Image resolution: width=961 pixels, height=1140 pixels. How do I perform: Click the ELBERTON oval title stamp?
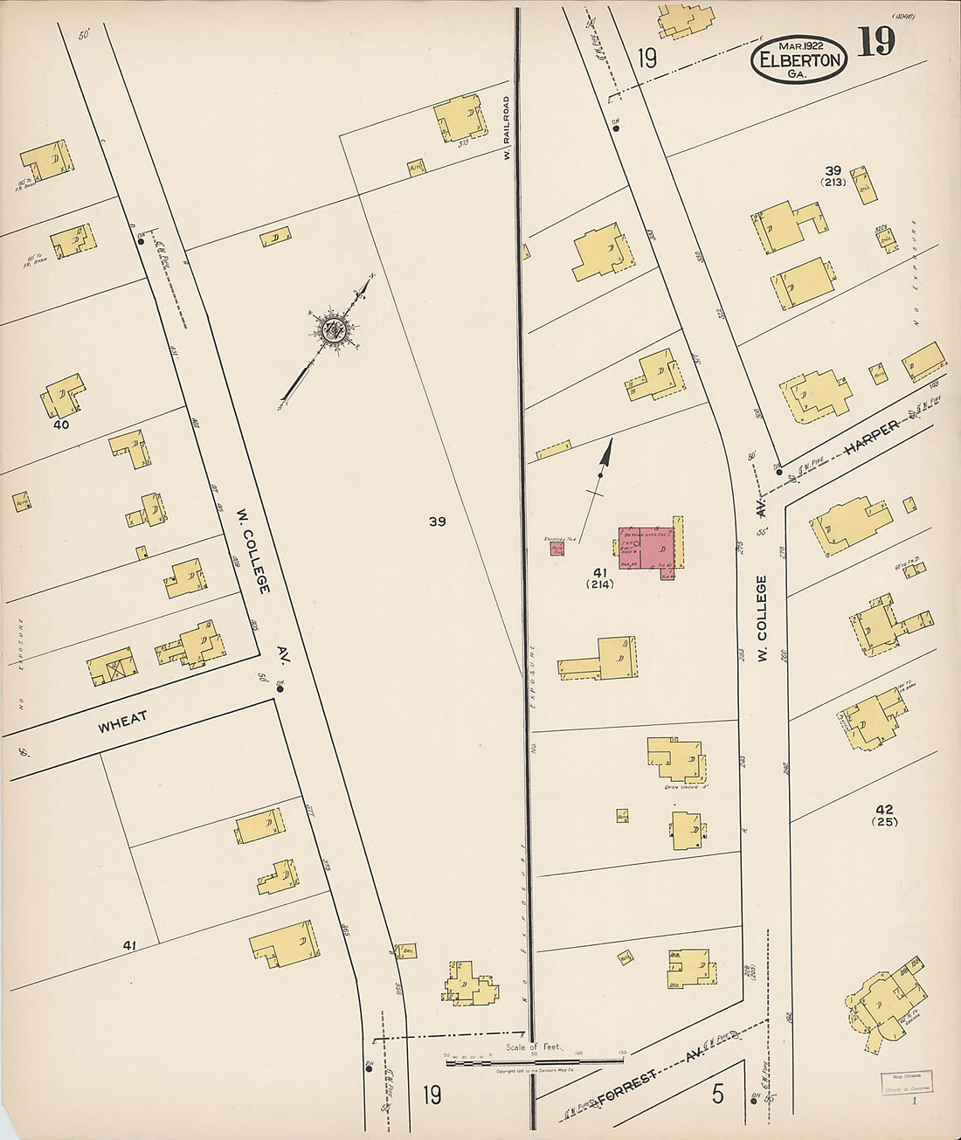pyautogui.click(x=798, y=60)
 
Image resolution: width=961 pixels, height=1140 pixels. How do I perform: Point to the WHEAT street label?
pyautogui.click(x=122, y=722)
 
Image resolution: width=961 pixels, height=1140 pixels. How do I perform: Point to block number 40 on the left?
pyautogui.click(x=60, y=425)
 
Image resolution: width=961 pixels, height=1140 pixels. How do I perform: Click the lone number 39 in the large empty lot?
pyautogui.click(x=437, y=522)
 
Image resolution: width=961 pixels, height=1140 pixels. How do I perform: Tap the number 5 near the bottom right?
pyautogui.click(x=717, y=1094)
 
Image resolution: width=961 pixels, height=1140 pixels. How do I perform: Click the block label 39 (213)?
pyautogui.click(x=832, y=175)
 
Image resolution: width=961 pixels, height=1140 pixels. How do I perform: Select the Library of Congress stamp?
pyautogui.click(x=904, y=1082)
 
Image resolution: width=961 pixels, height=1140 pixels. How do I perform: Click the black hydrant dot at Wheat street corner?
pyautogui.click(x=280, y=688)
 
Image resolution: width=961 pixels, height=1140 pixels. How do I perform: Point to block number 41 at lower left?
pyautogui.click(x=130, y=945)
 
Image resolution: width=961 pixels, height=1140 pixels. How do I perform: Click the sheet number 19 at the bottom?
pyautogui.click(x=431, y=1094)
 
